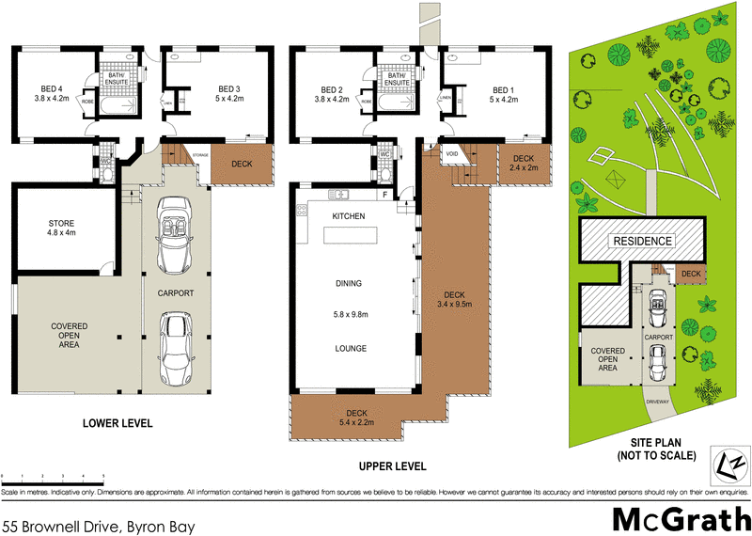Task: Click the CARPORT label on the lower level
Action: click(x=176, y=293)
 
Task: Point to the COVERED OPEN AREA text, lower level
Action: click(x=69, y=336)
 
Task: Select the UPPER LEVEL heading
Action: click(x=393, y=466)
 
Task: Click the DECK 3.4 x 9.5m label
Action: click(x=454, y=297)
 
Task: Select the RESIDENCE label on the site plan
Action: click(x=643, y=241)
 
